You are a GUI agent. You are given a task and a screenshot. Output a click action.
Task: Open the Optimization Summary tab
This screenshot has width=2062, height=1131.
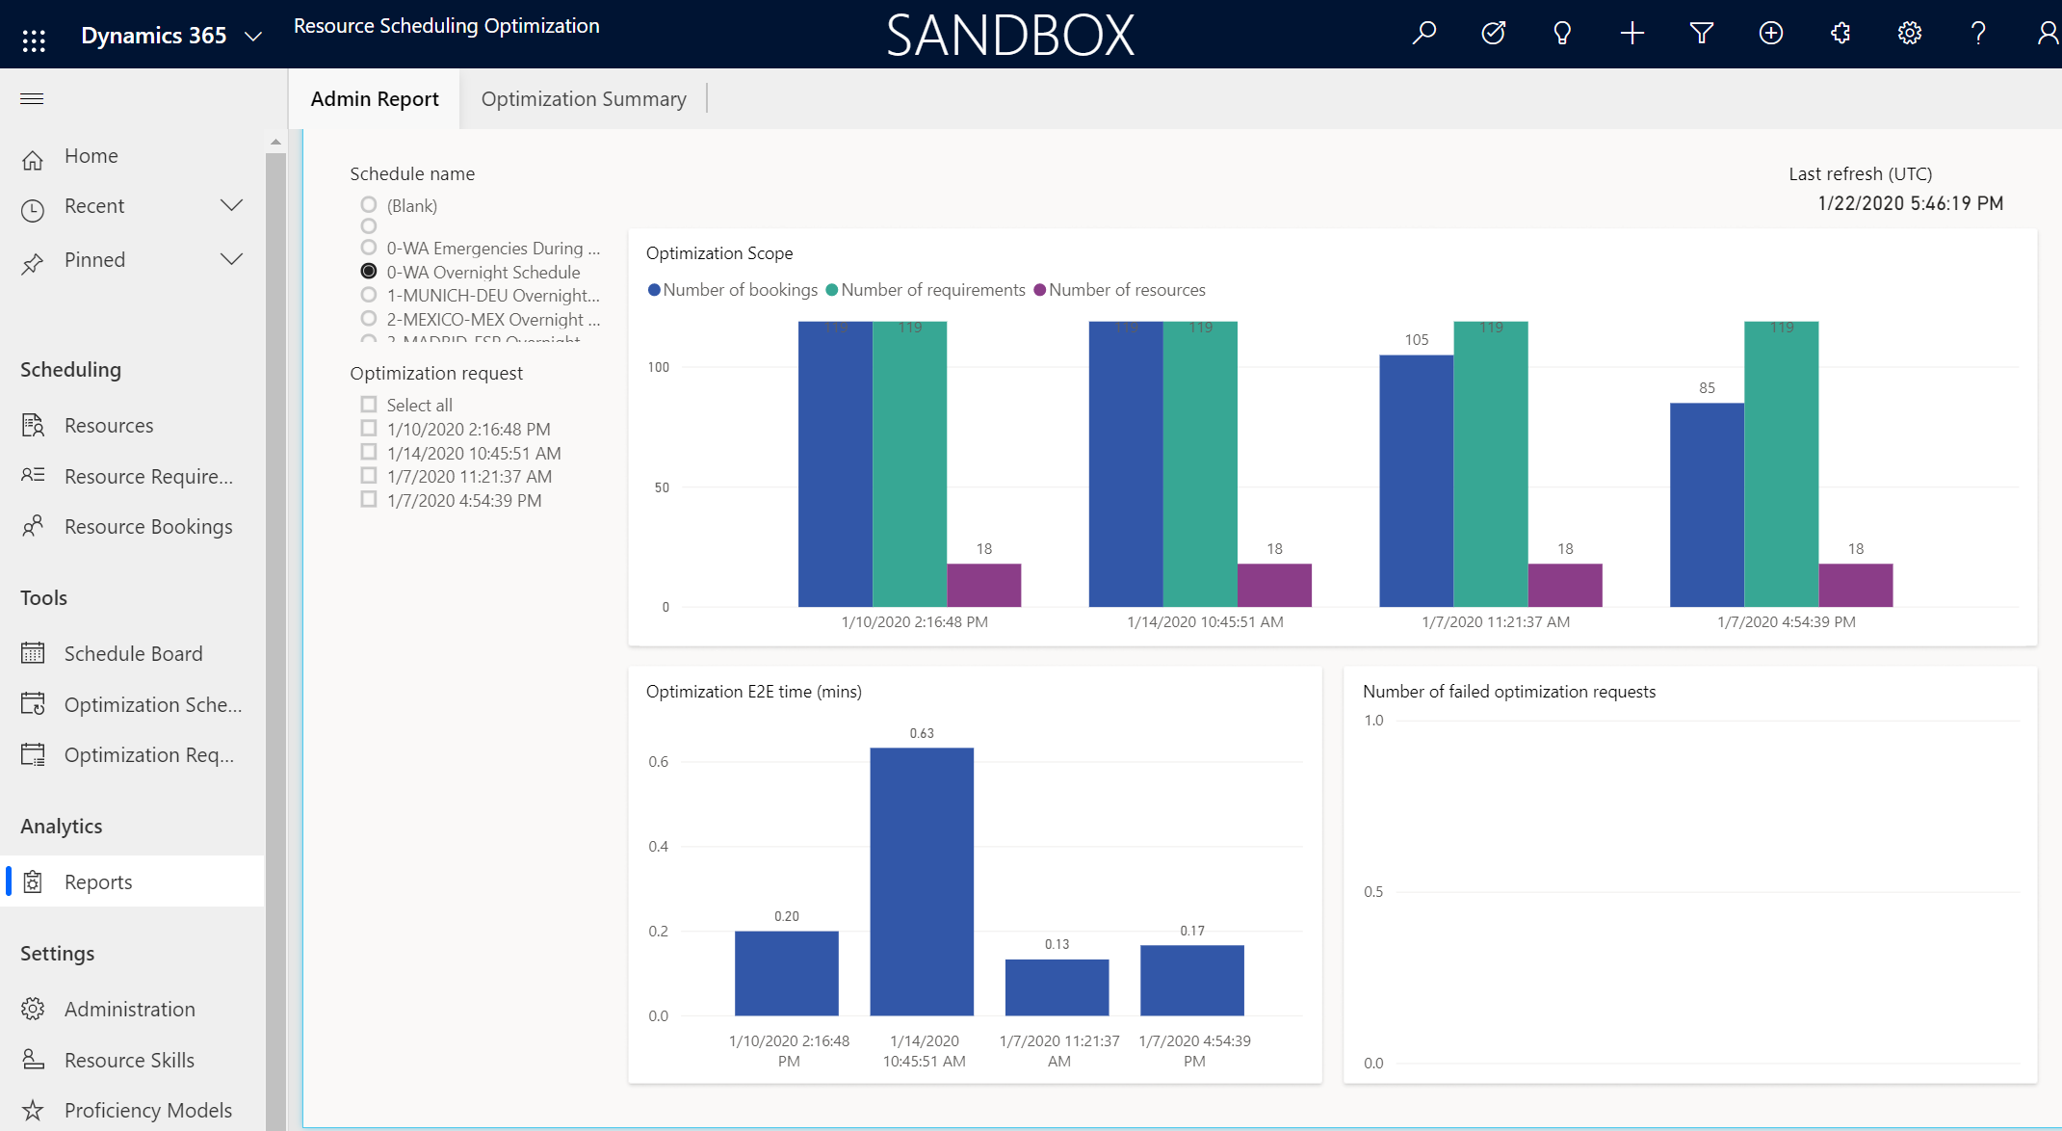click(584, 99)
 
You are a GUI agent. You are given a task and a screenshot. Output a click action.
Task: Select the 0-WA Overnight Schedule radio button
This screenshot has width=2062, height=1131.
click(369, 272)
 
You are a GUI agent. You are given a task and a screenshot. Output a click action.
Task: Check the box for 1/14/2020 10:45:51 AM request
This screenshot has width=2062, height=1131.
click(369, 452)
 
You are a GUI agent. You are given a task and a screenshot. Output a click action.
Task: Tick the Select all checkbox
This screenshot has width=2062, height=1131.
click(369, 405)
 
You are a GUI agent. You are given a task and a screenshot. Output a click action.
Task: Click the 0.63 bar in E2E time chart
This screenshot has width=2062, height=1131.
click(922, 881)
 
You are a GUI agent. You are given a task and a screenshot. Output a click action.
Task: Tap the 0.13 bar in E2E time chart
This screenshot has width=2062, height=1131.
click(1057, 986)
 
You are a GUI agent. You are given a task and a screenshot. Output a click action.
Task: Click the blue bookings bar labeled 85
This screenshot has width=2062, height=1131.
click(1707, 505)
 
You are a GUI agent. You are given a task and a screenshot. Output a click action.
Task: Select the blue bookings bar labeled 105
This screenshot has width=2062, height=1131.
click(1416, 481)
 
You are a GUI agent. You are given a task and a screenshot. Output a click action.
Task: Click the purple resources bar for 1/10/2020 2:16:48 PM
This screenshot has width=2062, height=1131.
click(983, 585)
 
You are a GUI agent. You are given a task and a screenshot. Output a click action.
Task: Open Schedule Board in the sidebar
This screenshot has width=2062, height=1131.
click(133, 653)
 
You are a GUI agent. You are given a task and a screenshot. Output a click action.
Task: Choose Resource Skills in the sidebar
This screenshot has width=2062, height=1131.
click(129, 1060)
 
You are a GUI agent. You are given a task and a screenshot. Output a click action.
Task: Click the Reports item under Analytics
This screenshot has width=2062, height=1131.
click(98, 881)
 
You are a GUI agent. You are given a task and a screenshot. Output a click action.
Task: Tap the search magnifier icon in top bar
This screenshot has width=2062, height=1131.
click(1424, 34)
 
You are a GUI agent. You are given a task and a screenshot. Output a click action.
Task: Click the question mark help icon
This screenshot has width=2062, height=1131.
click(1978, 34)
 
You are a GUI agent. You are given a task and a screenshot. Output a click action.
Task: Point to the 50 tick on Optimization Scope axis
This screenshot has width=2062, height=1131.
click(662, 487)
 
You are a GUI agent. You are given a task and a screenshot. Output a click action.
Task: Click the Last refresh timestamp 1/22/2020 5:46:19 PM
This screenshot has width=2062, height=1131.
click(1910, 203)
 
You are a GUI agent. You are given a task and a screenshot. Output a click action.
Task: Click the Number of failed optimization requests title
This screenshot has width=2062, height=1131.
click(1509, 692)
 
